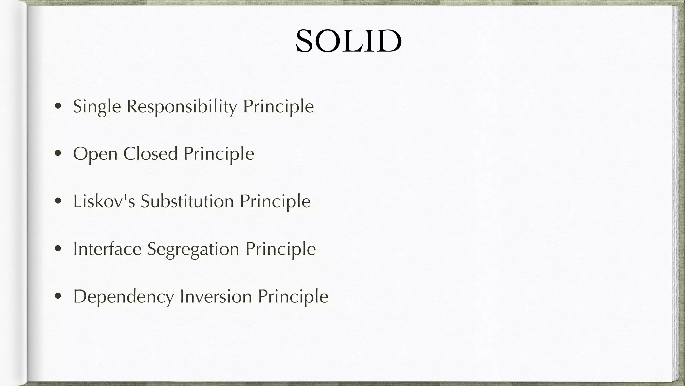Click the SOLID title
(348, 41)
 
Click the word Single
(97, 107)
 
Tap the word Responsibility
(182, 107)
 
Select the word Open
(95, 154)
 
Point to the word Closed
(150, 154)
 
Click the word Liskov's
(104, 202)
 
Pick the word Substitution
(187, 202)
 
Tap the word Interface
(107, 249)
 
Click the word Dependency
(123, 297)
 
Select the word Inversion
(215, 297)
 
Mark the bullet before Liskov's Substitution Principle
(58, 201)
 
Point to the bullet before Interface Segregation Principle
(58, 249)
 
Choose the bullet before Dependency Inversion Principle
(58, 297)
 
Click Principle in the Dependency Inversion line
(293, 297)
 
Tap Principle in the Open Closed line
(218, 154)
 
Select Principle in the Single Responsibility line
(278, 107)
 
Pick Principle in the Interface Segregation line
(280, 249)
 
